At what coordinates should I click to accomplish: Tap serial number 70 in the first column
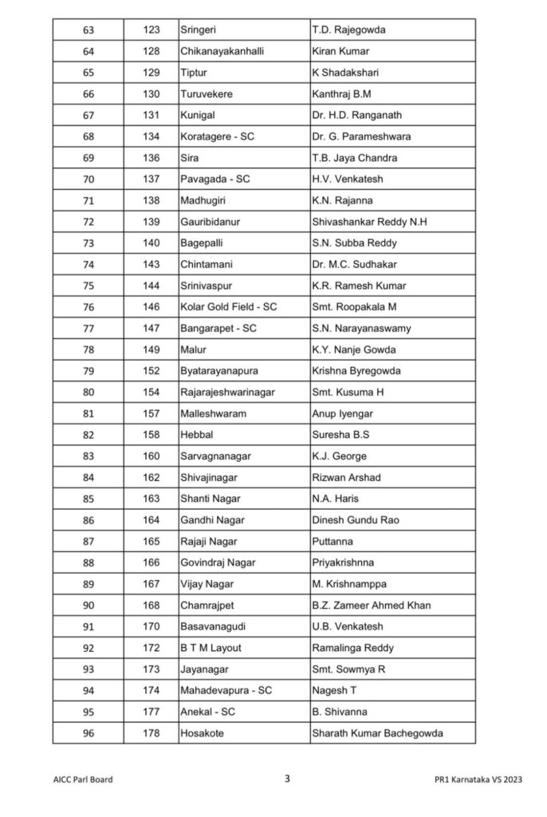coord(88,179)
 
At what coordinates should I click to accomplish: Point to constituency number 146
coord(152,306)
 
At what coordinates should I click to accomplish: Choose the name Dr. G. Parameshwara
coord(361,136)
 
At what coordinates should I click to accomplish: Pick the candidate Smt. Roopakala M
coord(354,306)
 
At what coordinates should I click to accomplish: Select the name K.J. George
coord(340,456)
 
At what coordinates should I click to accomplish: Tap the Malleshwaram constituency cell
coord(213,413)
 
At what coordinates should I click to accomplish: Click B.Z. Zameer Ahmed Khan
coord(372,606)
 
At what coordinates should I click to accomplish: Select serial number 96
coord(88,733)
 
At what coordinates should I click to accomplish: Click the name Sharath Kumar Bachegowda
coord(377,733)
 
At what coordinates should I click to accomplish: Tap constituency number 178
coord(152,733)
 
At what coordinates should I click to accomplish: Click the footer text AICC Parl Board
coord(77,780)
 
